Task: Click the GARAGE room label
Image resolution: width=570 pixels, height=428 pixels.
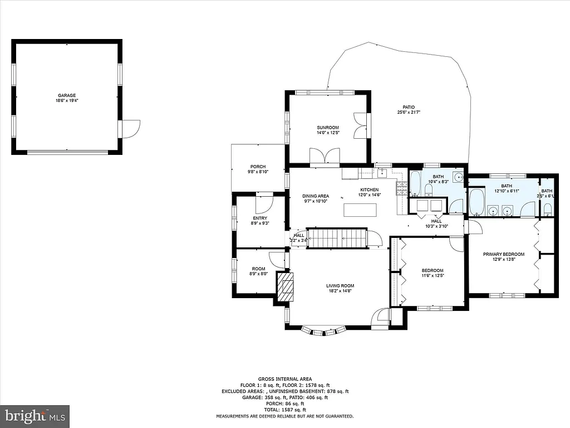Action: tap(66, 95)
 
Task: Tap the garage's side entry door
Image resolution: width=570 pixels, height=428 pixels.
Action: tap(131, 129)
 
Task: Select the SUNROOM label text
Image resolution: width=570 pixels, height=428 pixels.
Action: tap(327, 128)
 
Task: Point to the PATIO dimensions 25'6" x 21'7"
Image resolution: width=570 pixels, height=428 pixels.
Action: tap(409, 113)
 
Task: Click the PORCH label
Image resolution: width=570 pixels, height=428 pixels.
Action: tap(258, 167)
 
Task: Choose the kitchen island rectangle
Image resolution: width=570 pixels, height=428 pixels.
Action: tap(360, 210)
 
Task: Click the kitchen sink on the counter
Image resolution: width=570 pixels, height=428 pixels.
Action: tap(382, 173)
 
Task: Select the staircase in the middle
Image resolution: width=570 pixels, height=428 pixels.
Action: tap(337, 238)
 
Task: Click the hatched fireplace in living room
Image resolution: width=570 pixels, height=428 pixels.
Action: tap(286, 287)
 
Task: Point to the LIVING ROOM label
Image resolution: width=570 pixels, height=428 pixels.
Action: tap(340, 286)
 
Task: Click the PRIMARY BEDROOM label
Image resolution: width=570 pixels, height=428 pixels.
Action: tap(503, 254)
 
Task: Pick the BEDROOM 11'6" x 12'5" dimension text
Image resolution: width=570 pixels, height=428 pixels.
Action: tap(432, 275)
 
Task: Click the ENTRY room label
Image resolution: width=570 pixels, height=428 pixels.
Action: tap(260, 218)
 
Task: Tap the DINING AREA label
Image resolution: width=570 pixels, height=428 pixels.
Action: tap(316, 196)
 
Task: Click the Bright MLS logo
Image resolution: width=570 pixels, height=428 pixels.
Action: tap(35, 416)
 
